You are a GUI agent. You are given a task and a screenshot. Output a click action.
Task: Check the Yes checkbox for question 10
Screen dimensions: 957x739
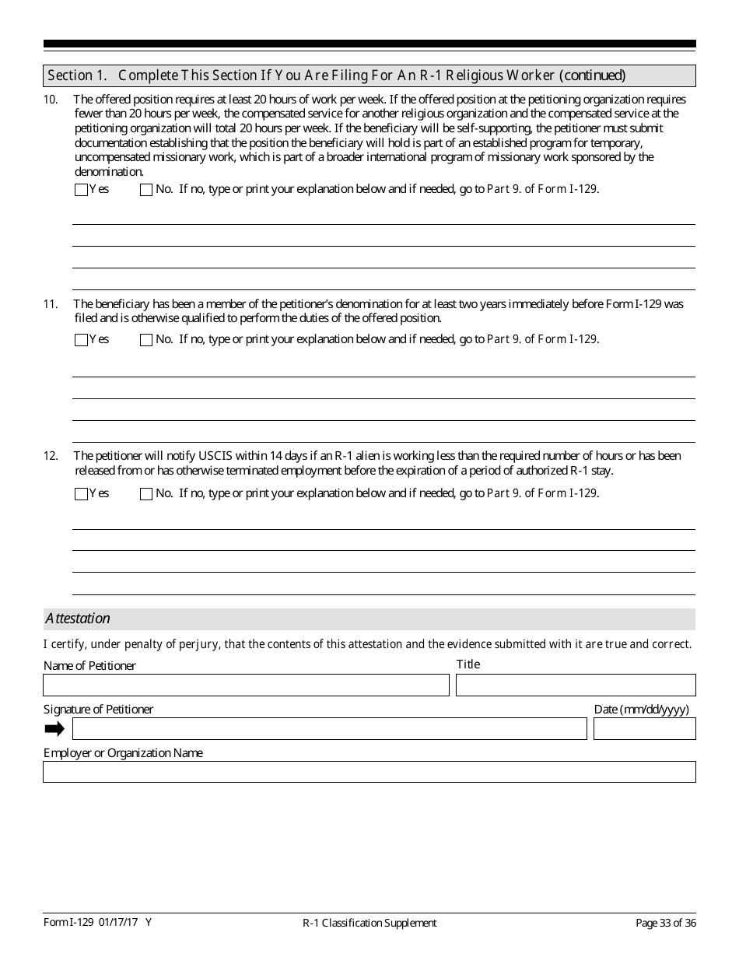pyautogui.click(x=81, y=190)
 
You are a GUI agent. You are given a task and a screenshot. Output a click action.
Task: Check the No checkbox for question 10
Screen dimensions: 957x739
pyautogui.click(x=146, y=190)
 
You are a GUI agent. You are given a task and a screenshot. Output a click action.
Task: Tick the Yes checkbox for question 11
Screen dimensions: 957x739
pyautogui.click(x=81, y=340)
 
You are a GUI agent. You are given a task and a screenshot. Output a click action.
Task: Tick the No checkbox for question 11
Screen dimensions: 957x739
pyautogui.click(x=146, y=340)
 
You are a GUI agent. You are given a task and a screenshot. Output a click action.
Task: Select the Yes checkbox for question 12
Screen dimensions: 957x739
pyautogui.click(x=81, y=494)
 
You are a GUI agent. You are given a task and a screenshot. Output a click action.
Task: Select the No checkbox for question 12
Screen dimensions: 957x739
pyautogui.click(x=146, y=494)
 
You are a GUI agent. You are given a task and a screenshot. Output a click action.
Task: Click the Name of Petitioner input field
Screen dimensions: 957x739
pyautogui.click(x=246, y=685)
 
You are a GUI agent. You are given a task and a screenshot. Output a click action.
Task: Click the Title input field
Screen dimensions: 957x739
pyautogui.click(x=576, y=685)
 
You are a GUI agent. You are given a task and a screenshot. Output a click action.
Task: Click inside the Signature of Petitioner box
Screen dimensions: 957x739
pyautogui.click(x=329, y=729)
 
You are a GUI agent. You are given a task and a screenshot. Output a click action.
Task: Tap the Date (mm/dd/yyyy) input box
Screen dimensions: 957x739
pyautogui.click(x=644, y=729)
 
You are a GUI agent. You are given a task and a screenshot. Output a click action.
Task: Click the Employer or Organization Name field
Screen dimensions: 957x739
pyautogui.click(x=369, y=772)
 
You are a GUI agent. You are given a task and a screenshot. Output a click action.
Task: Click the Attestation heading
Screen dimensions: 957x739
pyautogui.click(x=77, y=619)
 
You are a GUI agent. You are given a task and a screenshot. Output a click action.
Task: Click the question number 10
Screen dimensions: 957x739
pyautogui.click(x=51, y=100)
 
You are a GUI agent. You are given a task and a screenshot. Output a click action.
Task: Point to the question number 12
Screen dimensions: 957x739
pyautogui.click(x=51, y=456)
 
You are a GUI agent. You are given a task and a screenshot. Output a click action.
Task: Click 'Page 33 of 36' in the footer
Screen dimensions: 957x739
pyautogui.click(x=666, y=924)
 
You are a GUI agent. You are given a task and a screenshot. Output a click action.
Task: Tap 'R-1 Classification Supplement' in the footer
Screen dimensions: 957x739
pyautogui.click(x=369, y=924)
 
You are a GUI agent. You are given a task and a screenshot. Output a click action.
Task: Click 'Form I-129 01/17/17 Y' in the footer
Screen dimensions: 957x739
pyautogui.click(x=97, y=923)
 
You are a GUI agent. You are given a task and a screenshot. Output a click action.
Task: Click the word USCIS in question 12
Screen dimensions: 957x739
pyautogui.click(x=218, y=456)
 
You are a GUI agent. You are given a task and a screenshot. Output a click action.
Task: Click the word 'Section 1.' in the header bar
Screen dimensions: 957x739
pyautogui.click(x=76, y=75)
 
